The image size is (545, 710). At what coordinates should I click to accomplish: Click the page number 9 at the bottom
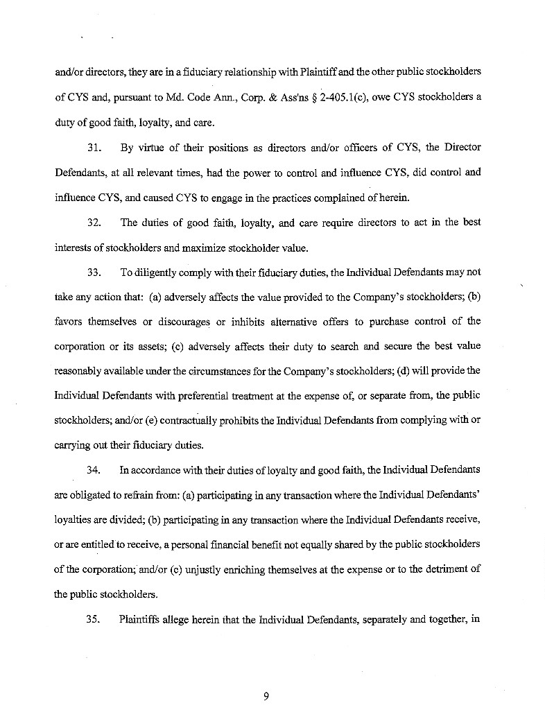266,697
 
